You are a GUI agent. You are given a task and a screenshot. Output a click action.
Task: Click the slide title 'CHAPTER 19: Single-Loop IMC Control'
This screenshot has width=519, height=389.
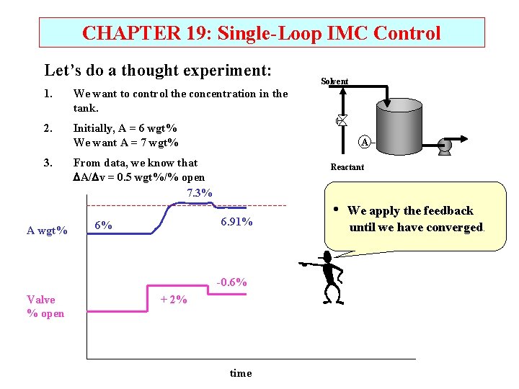(261, 33)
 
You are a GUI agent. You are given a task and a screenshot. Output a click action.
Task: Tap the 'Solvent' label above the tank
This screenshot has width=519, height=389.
(334, 81)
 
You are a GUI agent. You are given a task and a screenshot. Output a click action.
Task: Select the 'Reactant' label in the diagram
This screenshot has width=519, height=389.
(347, 167)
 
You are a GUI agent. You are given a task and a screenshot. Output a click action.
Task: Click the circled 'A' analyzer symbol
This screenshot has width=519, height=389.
(364, 142)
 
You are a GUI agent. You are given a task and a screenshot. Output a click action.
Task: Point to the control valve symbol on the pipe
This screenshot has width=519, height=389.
(342, 120)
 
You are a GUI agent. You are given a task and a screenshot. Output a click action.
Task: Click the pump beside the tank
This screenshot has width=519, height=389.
(444, 146)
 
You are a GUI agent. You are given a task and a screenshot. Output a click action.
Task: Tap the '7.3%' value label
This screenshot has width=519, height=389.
(199, 193)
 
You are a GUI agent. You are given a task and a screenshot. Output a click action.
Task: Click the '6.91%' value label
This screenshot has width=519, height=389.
(236, 222)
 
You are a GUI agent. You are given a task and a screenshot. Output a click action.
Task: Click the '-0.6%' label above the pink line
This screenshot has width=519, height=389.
(232, 282)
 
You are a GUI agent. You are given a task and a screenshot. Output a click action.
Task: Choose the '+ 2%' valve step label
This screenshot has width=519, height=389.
(173, 299)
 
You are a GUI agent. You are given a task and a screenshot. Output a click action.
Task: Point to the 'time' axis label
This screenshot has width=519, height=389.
(241, 373)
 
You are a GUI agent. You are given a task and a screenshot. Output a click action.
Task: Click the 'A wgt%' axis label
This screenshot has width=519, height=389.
(47, 231)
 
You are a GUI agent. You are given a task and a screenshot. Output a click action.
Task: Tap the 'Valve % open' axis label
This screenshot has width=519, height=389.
(45, 306)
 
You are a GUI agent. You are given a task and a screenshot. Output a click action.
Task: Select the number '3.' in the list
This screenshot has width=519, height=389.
(48, 163)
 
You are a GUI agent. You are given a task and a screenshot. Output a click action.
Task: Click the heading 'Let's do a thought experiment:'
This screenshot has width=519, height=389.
(158, 71)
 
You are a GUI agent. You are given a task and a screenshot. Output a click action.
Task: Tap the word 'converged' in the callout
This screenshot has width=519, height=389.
(453, 228)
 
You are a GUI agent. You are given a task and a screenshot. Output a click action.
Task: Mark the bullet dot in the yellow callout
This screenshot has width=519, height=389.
(337, 209)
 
